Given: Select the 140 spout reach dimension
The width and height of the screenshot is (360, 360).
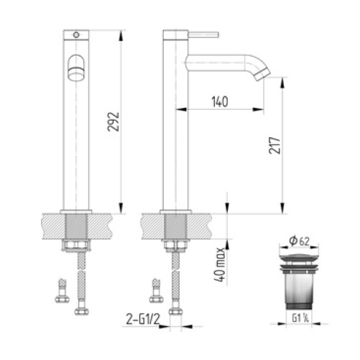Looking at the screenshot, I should (219, 102).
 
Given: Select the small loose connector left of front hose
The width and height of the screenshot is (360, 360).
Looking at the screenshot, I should (58, 292).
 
